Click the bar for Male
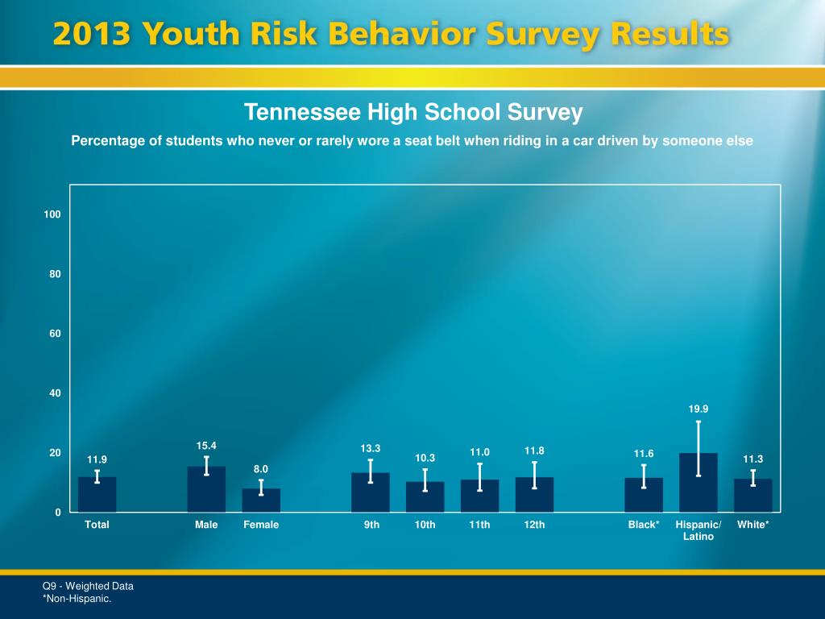click(206, 490)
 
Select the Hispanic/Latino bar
click(698, 484)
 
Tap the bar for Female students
click(261, 501)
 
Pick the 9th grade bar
click(370, 492)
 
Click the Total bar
click(97, 495)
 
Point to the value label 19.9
click(698, 409)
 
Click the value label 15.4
click(206, 446)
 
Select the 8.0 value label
click(261, 469)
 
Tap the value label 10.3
click(425, 459)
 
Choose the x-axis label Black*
click(644, 525)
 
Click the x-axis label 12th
click(534, 525)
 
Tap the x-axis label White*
click(752, 525)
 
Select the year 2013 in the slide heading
click(93, 35)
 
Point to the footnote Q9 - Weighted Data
click(88, 586)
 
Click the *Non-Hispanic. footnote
click(77, 598)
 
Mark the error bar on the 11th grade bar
click(479, 477)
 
